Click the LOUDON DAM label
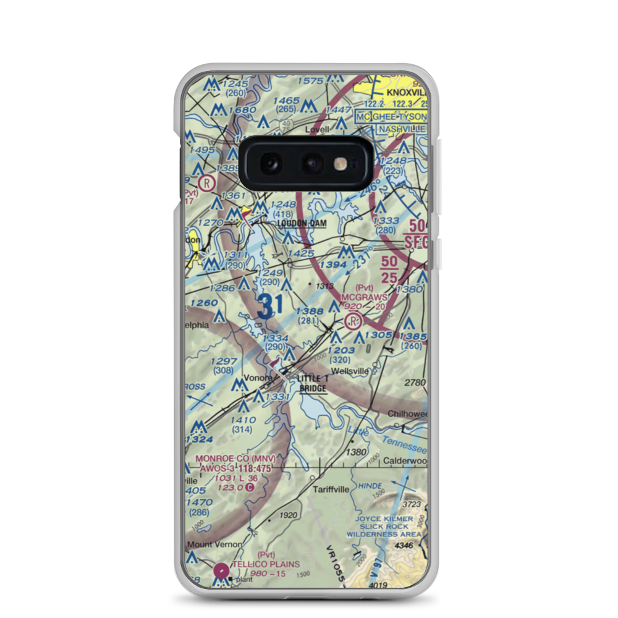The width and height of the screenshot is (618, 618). tap(302, 223)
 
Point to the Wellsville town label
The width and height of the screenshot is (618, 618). tap(350, 371)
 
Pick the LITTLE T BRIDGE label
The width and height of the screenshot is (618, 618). tap(313, 383)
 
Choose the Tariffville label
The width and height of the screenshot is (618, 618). tap(331, 489)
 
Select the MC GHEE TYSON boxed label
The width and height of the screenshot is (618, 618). tap(391, 117)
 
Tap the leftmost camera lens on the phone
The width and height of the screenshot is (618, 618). tap(270, 164)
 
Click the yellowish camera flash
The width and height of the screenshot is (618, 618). tap(339, 164)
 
